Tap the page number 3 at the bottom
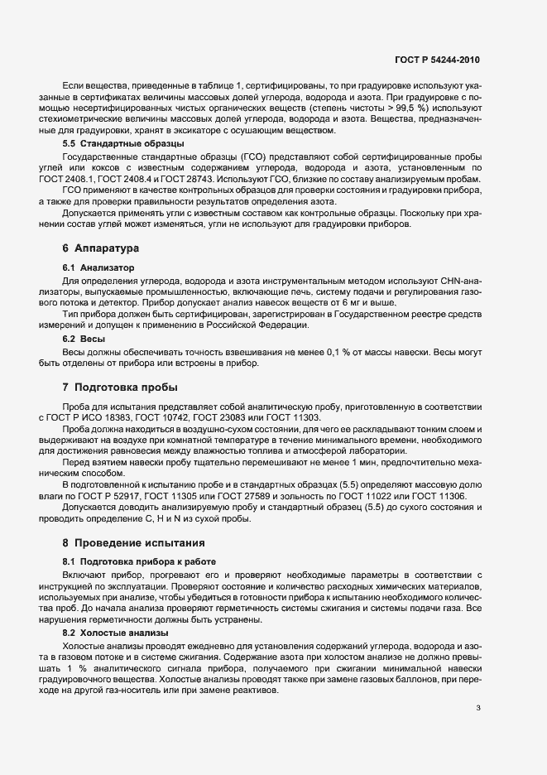pyautogui.click(x=478, y=708)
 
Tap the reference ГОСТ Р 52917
pyautogui.click(x=113, y=496)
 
